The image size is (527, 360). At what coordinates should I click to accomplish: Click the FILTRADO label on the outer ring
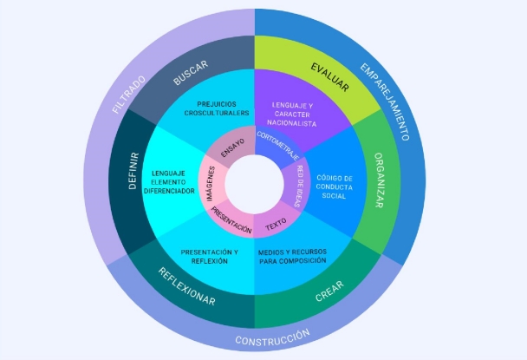tap(129, 95)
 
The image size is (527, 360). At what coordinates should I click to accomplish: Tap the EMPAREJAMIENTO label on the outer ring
tap(385, 101)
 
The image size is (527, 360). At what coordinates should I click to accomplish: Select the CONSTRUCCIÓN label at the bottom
tap(272, 337)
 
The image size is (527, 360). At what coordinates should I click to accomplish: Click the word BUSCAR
tap(191, 73)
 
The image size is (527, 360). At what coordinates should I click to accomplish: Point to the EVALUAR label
tap(329, 77)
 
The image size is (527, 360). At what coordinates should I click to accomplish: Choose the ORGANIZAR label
tap(379, 180)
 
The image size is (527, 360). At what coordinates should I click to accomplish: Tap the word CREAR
tap(329, 291)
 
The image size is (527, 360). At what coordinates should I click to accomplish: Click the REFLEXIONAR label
tap(186, 286)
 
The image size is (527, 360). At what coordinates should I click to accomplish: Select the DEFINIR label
tap(133, 171)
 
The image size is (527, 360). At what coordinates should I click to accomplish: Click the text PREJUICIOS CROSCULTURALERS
tap(217, 108)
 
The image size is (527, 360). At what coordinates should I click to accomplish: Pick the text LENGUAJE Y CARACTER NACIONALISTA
tap(292, 115)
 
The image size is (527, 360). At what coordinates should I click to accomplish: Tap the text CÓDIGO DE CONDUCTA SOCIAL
tap(335, 187)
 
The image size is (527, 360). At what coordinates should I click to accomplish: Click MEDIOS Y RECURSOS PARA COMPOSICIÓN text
tap(292, 257)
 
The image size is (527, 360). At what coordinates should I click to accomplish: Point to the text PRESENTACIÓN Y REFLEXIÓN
tap(210, 257)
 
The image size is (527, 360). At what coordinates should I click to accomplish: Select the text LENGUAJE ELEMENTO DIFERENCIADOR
tap(169, 182)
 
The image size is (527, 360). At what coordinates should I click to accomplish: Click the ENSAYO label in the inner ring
tap(233, 148)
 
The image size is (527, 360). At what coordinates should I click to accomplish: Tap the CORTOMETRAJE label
tap(278, 146)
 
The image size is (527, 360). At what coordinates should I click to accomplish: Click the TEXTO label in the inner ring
tap(276, 225)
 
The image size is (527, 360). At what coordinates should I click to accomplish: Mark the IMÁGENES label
tap(211, 184)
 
